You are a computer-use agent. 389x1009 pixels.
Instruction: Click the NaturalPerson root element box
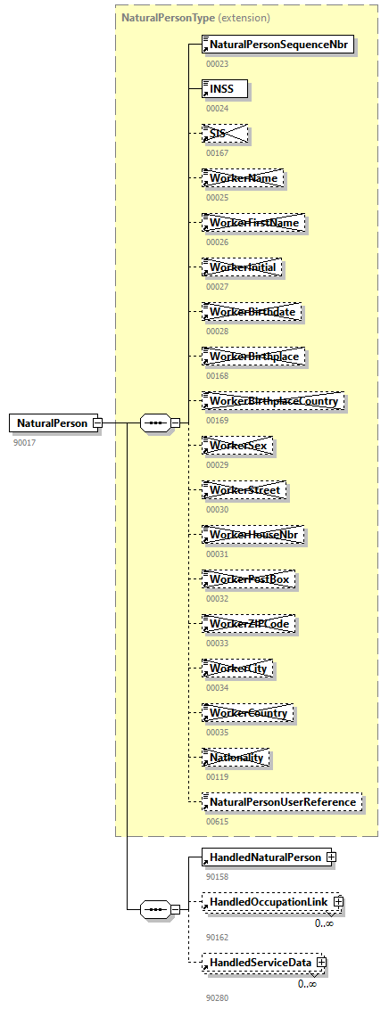tap(51, 422)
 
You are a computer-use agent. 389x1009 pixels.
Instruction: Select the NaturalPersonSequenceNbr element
tap(279, 44)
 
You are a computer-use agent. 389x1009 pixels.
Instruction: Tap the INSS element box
tap(225, 88)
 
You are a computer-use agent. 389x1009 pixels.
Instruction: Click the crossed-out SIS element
tap(225, 134)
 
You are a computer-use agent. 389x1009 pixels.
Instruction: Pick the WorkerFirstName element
tap(254, 223)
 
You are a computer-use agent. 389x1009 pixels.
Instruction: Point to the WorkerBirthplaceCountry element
tap(273, 401)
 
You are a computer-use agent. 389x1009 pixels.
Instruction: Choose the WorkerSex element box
tap(237, 446)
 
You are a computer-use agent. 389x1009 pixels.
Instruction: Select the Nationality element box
tap(236, 758)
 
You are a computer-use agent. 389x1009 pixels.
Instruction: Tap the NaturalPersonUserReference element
tap(282, 802)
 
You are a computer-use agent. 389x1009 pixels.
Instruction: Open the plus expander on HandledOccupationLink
tap(338, 903)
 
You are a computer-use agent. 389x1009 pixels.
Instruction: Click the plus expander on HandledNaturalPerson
tap(331, 857)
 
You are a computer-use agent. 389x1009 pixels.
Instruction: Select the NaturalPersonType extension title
tap(194, 17)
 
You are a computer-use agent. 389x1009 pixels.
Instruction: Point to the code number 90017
tap(24, 441)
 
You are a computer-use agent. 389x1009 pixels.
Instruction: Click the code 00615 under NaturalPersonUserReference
tap(217, 821)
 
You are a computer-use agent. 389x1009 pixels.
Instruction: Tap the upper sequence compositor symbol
tap(154, 422)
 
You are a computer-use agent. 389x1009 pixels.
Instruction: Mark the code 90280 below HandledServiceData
tap(217, 997)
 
